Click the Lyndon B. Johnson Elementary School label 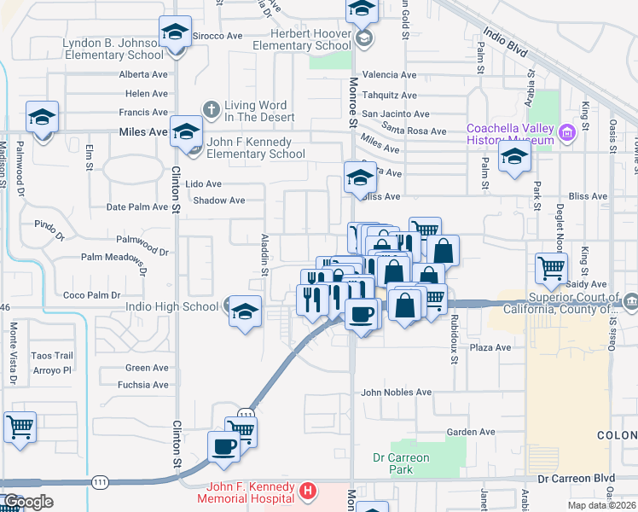[x=112, y=49]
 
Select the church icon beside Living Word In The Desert [x=212, y=108]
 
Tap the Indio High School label [x=171, y=306]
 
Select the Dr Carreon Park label [x=401, y=463]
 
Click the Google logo [x=28, y=502]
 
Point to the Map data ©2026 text [x=600, y=505]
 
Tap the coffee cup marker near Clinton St [x=224, y=446]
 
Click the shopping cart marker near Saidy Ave [x=551, y=269]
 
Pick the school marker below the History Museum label [x=514, y=157]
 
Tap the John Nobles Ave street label [x=396, y=393]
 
